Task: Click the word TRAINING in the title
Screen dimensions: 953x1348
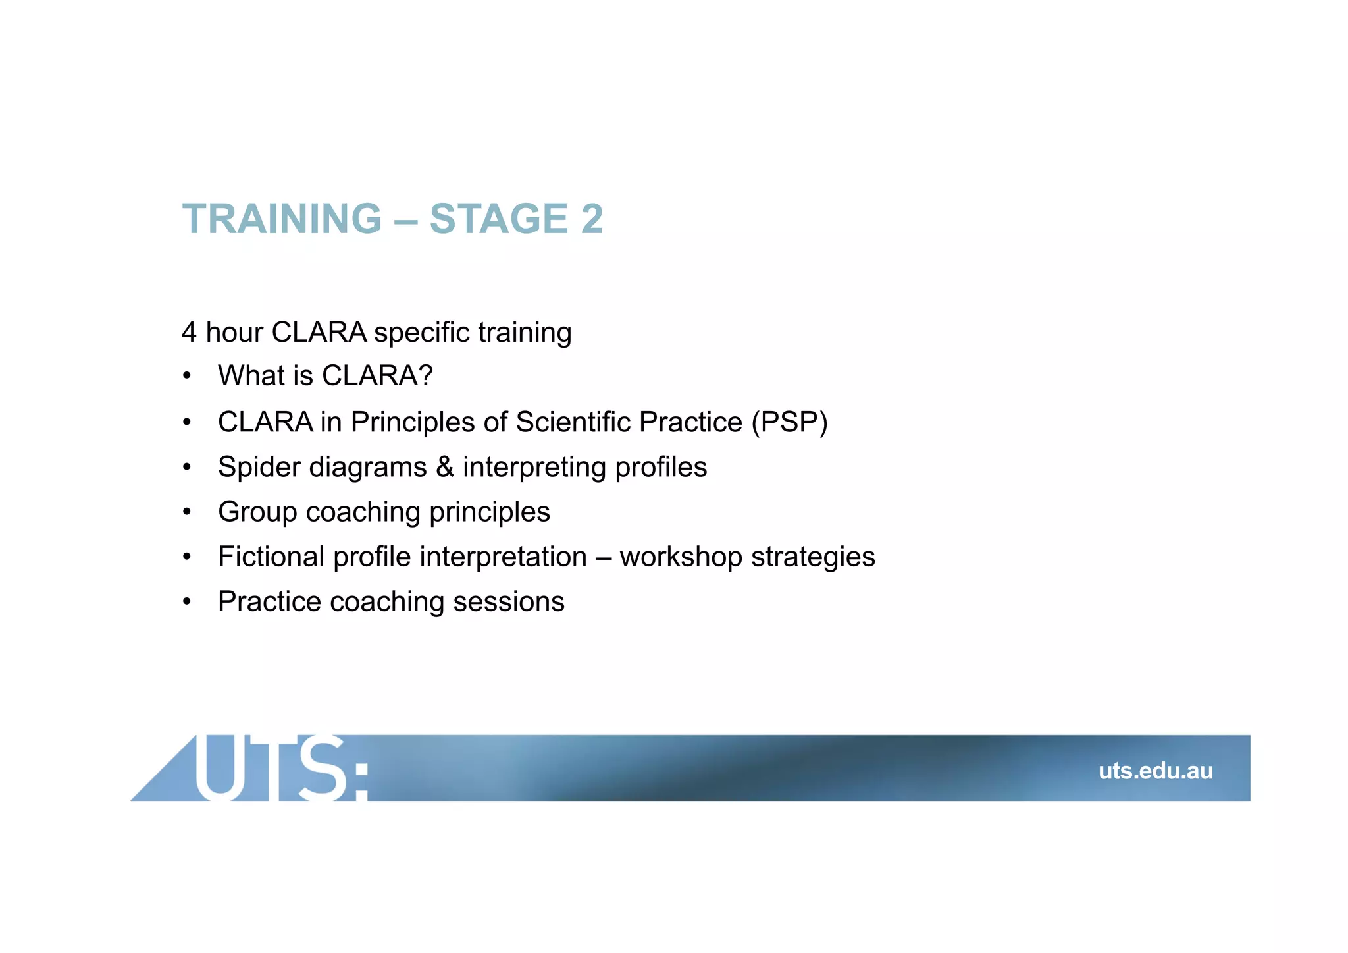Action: [282, 219]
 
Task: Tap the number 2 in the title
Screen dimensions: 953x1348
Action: [592, 219]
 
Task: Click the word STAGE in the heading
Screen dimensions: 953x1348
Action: [498, 219]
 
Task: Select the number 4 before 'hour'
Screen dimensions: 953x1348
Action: [189, 333]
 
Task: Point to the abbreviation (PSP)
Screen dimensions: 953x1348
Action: [789, 422]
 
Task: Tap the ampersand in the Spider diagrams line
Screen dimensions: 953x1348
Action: [445, 467]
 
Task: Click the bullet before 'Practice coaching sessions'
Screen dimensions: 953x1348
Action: [187, 602]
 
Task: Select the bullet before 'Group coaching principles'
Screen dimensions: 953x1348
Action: [187, 512]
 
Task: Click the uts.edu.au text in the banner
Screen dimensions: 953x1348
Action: [1155, 771]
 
